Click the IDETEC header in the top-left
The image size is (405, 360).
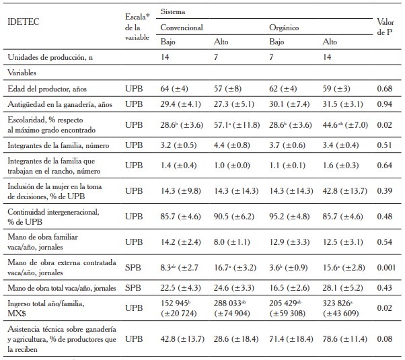click(x=22, y=21)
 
